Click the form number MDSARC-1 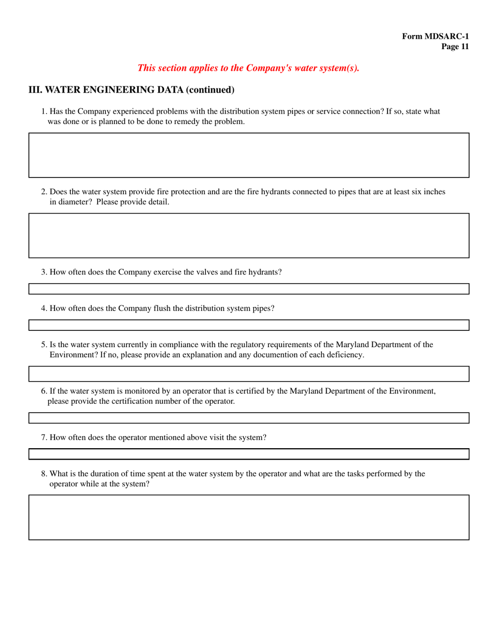click(435, 36)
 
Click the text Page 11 click(454, 47)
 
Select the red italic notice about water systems click(248, 68)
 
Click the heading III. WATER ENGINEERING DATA click(131, 90)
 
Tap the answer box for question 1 click(248, 155)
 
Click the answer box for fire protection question click(248, 235)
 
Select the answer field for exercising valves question click(248, 288)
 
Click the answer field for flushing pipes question click(248, 325)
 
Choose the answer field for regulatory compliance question click(248, 373)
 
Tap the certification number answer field click(248, 417)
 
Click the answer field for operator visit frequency click(248, 453)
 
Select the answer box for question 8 click(248, 517)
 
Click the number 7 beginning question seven click(44, 437)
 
